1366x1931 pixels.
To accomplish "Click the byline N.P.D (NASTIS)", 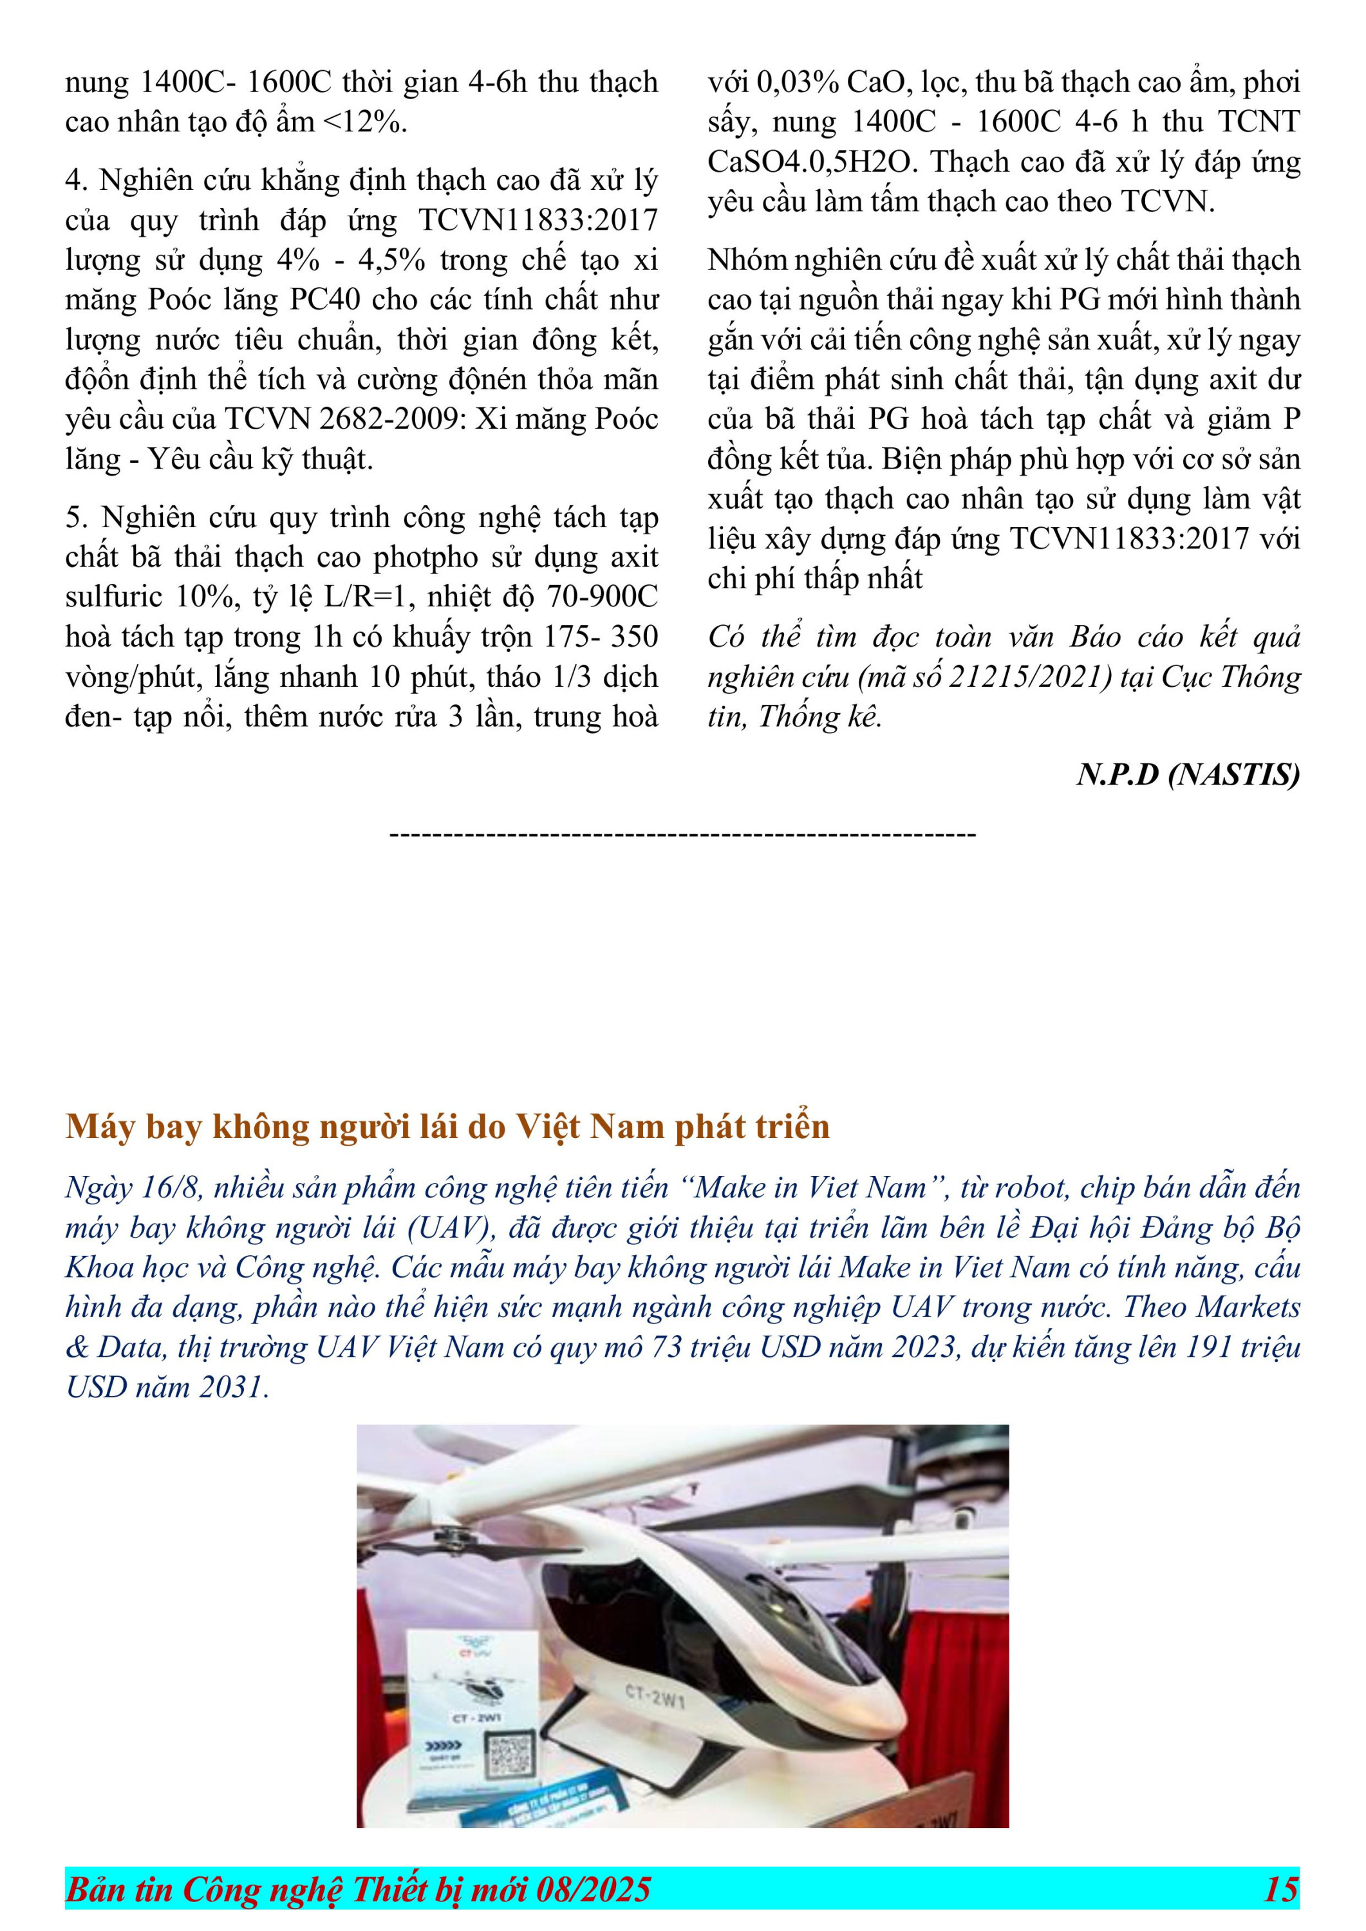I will pos(1188,774).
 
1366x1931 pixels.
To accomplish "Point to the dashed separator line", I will pos(682,834).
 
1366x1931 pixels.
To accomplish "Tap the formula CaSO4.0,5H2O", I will pos(810,162).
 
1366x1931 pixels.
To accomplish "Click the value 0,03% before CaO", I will pos(798,82).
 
